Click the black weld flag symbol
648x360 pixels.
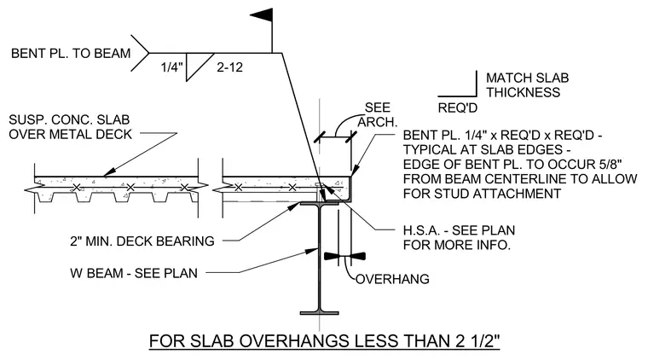(x=262, y=15)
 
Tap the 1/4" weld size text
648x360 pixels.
(x=171, y=67)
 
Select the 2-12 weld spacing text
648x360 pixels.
(x=229, y=67)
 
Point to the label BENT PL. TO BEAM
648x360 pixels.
(x=71, y=54)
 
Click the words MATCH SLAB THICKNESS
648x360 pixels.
(x=527, y=84)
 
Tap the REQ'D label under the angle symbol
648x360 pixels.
(x=458, y=107)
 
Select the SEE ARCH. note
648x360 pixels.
(x=378, y=114)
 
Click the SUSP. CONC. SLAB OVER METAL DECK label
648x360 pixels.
(x=70, y=127)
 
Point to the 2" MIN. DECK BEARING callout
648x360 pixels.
(x=142, y=241)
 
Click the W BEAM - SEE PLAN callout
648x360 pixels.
(x=134, y=273)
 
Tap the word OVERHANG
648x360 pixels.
(x=392, y=279)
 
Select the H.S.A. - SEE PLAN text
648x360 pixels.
(x=459, y=230)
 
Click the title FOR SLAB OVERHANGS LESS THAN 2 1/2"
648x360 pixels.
(x=324, y=341)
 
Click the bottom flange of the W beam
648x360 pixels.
(x=320, y=313)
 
